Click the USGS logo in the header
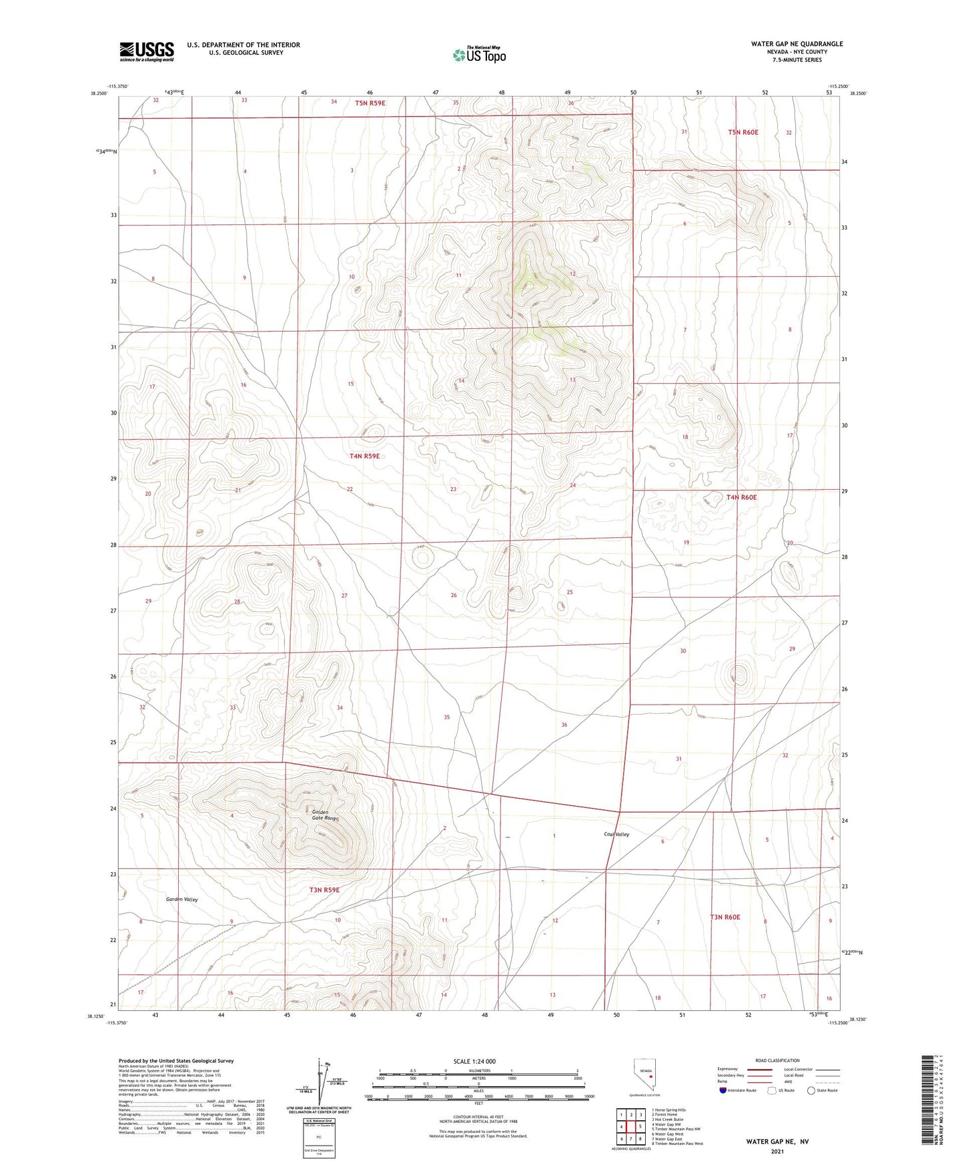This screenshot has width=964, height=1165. pyautogui.click(x=147, y=51)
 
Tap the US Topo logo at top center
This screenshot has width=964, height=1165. pyautogui.click(x=478, y=55)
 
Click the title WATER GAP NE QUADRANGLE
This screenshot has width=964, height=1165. pyautogui.click(x=797, y=44)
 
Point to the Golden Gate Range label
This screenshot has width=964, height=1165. pyautogui.click(x=325, y=815)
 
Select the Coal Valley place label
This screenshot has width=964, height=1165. pyautogui.click(x=616, y=835)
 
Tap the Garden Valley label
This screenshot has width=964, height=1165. pyautogui.click(x=182, y=899)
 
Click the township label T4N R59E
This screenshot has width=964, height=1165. pyautogui.click(x=364, y=456)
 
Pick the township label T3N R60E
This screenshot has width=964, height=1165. pyautogui.click(x=725, y=917)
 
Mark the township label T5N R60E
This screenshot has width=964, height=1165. pyautogui.click(x=743, y=132)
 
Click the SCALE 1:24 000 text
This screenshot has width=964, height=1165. pyautogui.click(x=474, y=1062)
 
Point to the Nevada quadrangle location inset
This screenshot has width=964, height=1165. pyautogui.click(x=644, y=1077)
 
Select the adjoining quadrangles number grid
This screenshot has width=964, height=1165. pyautogui.click(x=630, y=1127)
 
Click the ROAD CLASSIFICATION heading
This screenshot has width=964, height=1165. pyautogui.click(x=777, y=1060)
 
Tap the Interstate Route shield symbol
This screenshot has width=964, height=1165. pyautogui.click(x=724, y=1090)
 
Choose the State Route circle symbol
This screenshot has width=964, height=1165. pyautogui.click(x=811, y=1090)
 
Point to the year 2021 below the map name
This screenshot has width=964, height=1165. pyautogui.click(x=777, y=1151)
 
